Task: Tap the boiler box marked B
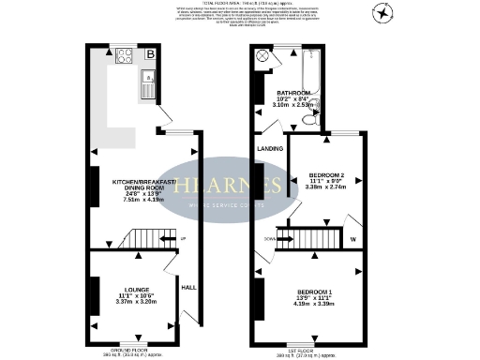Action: pos(150,55)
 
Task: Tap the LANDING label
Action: pos(270,148)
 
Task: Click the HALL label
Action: pos(187,287)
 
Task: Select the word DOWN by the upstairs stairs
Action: pos(269,238)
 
